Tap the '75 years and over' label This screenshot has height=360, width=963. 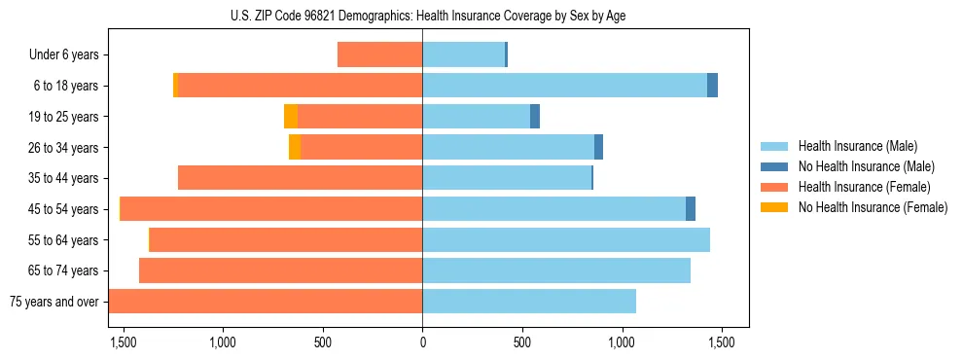(x=53, y=302)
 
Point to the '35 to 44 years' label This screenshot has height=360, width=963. (x=59, y=178)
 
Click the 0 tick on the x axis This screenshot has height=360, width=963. (x=422, y=342)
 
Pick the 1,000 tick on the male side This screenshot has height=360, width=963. (x=622, y=342)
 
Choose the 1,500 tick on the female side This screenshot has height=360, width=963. (x=124, y=342)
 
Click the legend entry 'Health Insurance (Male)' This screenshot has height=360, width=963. (x=857, y=147)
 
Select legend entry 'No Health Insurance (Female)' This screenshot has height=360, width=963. (x=873, y=207)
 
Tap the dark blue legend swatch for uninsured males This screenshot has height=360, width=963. (x=775, y=167)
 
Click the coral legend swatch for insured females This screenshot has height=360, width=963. (x=775, y=187)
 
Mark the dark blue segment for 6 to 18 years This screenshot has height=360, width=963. (x=712, y=86)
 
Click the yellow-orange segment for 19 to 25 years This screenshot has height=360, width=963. (x=291, y=117)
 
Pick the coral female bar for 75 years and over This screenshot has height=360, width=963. (x=266, y=302)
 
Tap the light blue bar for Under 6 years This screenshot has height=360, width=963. (x=463, y=55)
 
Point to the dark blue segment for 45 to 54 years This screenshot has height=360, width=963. (x=691, y=209)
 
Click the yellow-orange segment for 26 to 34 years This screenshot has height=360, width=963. (x=295, y=147)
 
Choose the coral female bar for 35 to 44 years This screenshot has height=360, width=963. (x=300, y=178)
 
